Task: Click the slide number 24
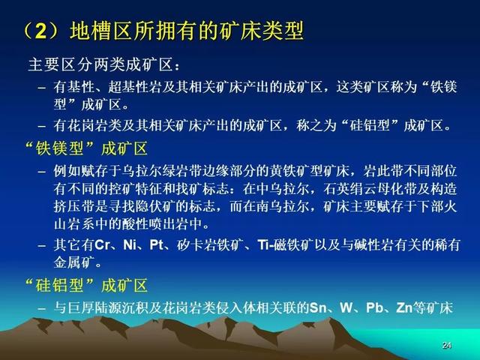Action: [447, 345]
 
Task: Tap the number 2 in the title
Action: [41, 31]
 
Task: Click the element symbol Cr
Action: [102, 245]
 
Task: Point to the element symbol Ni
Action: [130, 245]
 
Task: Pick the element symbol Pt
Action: [157, 245]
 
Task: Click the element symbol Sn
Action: [318, 307]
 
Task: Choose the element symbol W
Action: [346, 307]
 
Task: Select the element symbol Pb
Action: [374, 307]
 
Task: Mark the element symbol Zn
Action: [404, 307]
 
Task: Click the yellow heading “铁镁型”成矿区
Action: [86, 148]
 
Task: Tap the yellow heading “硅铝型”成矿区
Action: [86, 285]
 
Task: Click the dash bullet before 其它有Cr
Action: [42, 246]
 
